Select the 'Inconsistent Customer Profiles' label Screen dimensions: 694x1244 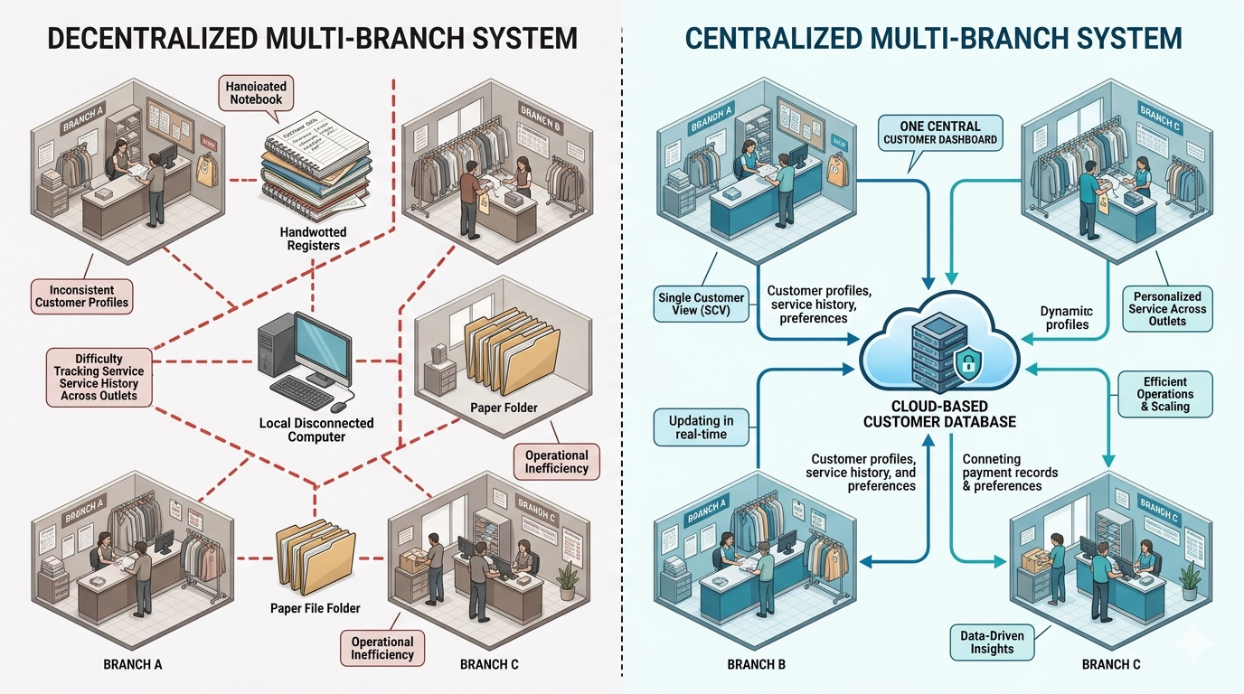coord(82,295)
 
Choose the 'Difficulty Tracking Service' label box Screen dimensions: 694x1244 coord(99,377)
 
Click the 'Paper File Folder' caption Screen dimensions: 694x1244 coord(311,608)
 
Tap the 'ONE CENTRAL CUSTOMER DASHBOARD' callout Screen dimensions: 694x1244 coord(939,132)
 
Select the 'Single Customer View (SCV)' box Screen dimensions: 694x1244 coord(701,305)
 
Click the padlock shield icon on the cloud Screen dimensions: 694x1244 coord(966,366)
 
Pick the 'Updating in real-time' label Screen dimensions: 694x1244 coord(701,427)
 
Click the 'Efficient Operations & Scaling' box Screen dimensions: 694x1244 coord(1164,394)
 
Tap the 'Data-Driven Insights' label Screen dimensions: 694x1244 coord(992,642)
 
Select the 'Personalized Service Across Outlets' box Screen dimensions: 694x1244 coord(1166,308)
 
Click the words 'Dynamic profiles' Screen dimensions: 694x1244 coord(1066,317)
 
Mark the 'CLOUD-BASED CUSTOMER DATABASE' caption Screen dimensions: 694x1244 coord(939,415)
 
